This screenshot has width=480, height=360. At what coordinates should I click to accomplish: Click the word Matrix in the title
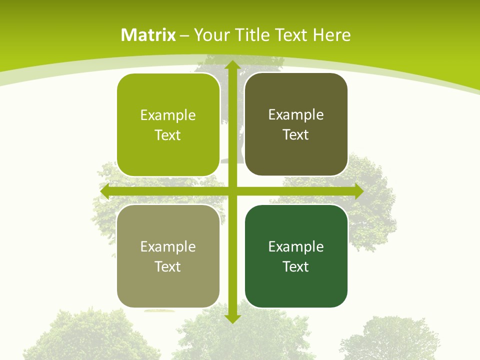(148, 35)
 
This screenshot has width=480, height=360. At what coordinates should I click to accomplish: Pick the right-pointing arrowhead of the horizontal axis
(358, 191)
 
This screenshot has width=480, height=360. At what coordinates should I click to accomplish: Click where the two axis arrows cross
(232, 191)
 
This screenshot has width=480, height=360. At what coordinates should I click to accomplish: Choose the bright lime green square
(168, 125)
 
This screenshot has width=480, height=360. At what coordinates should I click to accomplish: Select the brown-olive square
(296, 124)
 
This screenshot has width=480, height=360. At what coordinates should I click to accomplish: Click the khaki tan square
(168, 256)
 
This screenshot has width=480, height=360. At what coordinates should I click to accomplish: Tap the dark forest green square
(296, 256)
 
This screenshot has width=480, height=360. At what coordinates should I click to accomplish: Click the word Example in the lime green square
(168, 115)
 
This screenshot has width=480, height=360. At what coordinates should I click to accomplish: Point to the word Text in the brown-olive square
(296, 135)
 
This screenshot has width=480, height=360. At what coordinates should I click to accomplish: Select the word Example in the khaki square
(168, 247)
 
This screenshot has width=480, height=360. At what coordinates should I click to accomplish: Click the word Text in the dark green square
(296, 266)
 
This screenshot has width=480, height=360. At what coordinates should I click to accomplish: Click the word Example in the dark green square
(296, 247)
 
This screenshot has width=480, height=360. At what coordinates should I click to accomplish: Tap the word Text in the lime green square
(168, 135)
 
